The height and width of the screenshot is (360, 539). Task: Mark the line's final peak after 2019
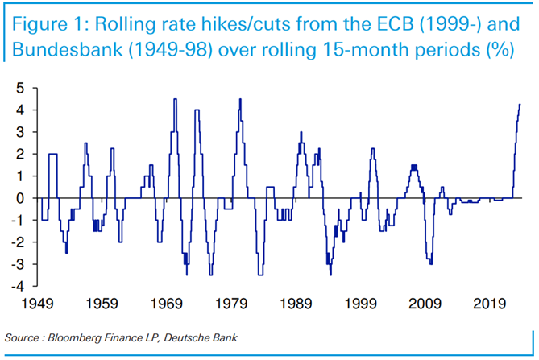point(520,104)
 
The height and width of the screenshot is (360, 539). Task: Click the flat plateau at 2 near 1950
point(52,154)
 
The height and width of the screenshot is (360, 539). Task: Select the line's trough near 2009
point(431,263)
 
